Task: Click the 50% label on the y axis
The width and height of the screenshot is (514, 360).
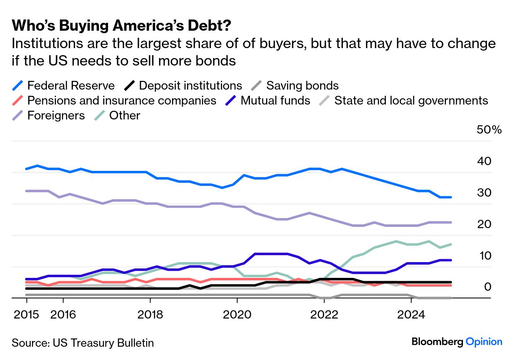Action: coord(489,130)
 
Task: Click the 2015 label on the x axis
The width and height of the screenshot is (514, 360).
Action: coord(26,315)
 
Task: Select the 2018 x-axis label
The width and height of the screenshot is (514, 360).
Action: coord(150,315)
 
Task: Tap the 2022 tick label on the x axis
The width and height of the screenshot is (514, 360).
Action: coord(324,315)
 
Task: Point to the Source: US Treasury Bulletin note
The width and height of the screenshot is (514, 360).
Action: coord(82,343)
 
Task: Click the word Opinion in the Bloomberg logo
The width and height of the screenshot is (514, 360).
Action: coord(484,342)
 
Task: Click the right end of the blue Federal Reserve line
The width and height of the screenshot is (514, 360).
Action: coord(451,197)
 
